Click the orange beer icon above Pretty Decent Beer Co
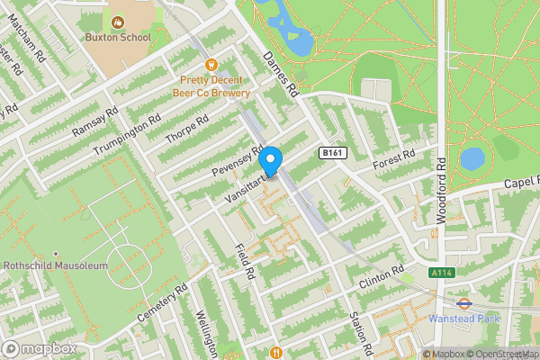tap(212, 64)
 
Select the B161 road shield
tap(333, 154)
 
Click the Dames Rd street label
tap(280, 74)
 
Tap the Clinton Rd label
tap(382, 276)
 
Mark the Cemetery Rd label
tap(162, 305)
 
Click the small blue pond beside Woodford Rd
tap(472, 159)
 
